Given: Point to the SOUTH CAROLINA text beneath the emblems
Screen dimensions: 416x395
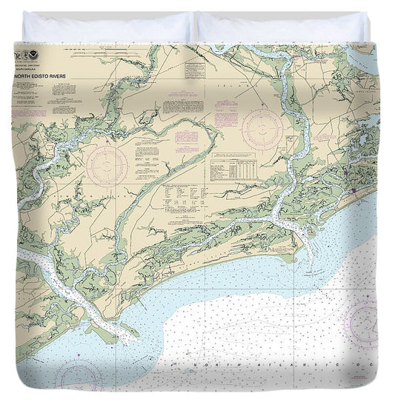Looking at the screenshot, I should (x=45, y=59).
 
